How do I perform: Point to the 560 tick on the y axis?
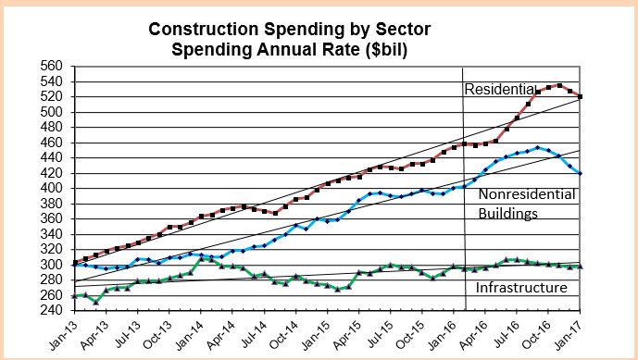tap(49, 67)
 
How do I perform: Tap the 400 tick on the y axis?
tap(49, 188)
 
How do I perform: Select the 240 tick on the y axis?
tap(49, 309)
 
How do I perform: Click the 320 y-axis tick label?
tap(49, 249)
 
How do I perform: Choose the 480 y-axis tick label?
tap(49, 128)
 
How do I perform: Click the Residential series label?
tap(500, 89)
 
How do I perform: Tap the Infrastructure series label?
tap(520, 289)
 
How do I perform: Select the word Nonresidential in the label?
tap(527, 194)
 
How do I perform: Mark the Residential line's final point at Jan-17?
tap(581, 96)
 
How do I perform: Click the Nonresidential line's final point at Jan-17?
tap(581, 173)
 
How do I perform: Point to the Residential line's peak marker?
tap(559, 85)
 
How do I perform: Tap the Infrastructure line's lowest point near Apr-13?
tap(96, 302)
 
